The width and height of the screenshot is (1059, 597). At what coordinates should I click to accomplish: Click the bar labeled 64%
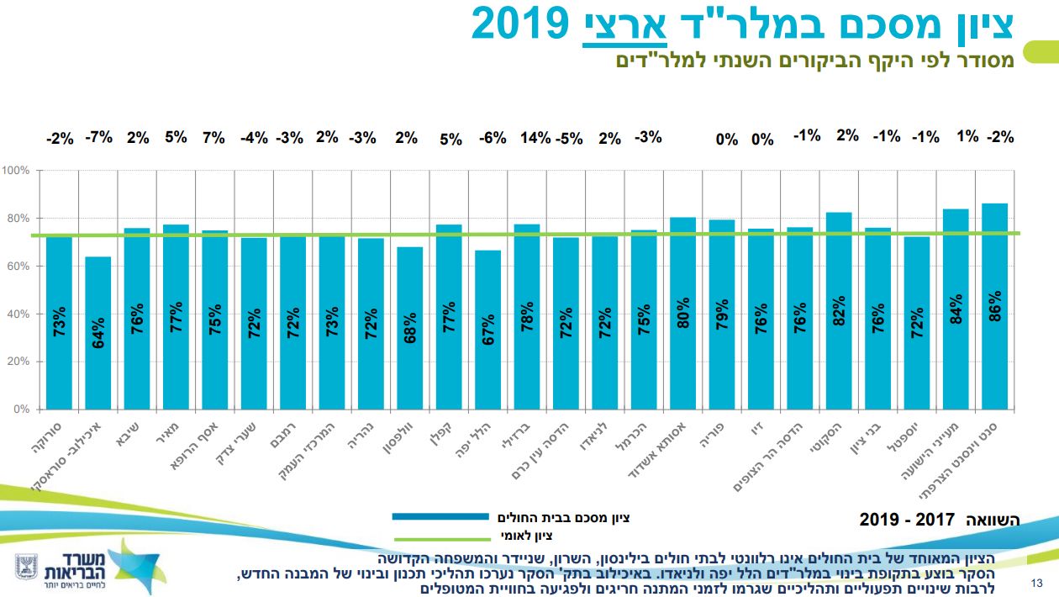pos(98,333)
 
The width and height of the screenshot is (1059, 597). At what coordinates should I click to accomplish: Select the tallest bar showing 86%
pos(995,306)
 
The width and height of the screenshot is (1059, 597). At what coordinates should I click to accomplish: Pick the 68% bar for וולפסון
pos(410,328)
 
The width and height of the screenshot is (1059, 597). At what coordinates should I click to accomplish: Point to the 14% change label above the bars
pos(535,138)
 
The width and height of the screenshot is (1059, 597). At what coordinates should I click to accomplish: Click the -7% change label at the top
pos(98,137)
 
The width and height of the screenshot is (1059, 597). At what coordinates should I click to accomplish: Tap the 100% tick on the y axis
pos(17,171)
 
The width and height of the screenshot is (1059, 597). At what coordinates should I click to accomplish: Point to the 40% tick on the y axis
pos(18,314)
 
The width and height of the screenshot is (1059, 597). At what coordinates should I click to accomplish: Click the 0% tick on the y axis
pos(21,409)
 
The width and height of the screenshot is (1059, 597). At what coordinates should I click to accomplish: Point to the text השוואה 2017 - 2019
pos(939,520)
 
